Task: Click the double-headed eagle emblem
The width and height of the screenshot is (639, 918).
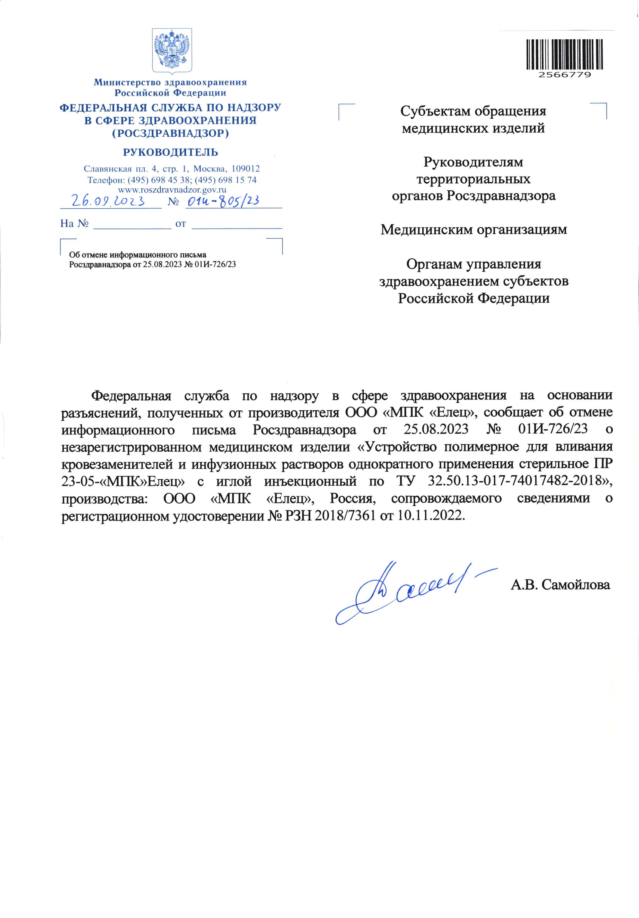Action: tap(172, 50)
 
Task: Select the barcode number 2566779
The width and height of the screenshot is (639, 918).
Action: tap(564, 75)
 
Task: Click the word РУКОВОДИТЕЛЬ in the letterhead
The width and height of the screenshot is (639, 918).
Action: tap(170, 152)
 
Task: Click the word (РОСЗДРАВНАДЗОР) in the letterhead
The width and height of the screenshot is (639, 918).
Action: tap(170, 133)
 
